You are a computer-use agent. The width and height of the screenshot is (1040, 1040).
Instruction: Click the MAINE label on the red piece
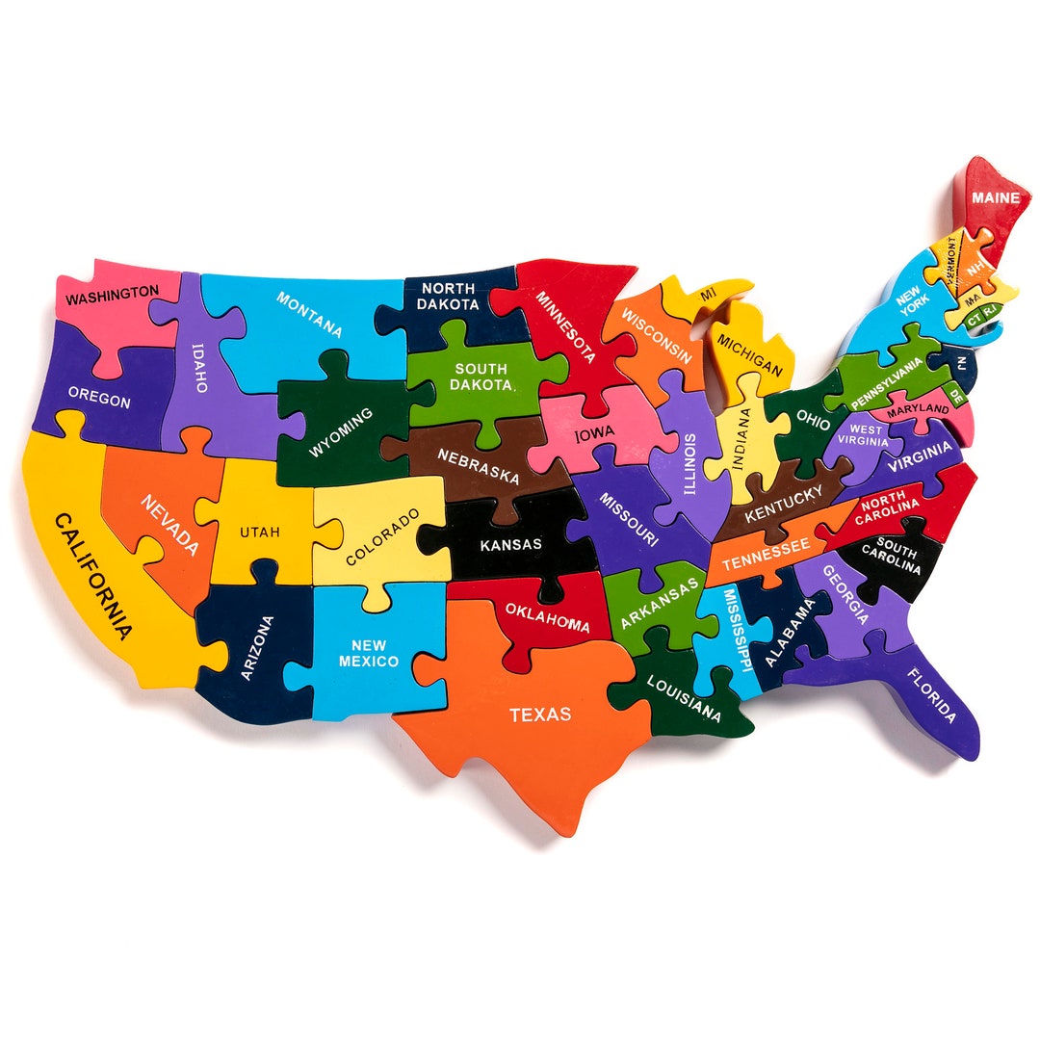click(x=995, y=197)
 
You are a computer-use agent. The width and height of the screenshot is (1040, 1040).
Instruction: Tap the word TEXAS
click(x=540, y=715)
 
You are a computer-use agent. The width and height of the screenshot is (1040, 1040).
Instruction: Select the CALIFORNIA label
click(x=92, y=577)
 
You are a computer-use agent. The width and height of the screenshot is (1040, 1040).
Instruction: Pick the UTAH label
click(x=260, y=532)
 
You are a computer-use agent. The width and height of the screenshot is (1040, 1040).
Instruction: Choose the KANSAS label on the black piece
click(x=510, y=544)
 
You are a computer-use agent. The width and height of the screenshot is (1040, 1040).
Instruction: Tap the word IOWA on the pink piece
click(x=594, y=435)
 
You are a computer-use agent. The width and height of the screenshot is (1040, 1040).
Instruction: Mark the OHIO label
click(x=807, y=421)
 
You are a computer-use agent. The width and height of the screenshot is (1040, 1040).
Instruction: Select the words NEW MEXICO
click(x=369, y=653)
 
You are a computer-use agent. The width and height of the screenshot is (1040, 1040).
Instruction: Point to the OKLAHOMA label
click(x=547, y=618)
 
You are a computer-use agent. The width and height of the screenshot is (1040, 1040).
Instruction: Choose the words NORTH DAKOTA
click(x=448, y=296)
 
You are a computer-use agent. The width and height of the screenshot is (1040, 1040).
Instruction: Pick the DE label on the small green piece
click(x=956, y=395)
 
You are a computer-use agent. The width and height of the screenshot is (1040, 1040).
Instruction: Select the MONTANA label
click(x=310, y=314)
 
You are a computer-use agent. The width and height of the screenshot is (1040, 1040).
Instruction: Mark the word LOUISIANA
click(x=684, y=698)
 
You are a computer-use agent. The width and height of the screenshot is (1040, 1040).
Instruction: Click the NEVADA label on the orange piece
click(x=169, y=525)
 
